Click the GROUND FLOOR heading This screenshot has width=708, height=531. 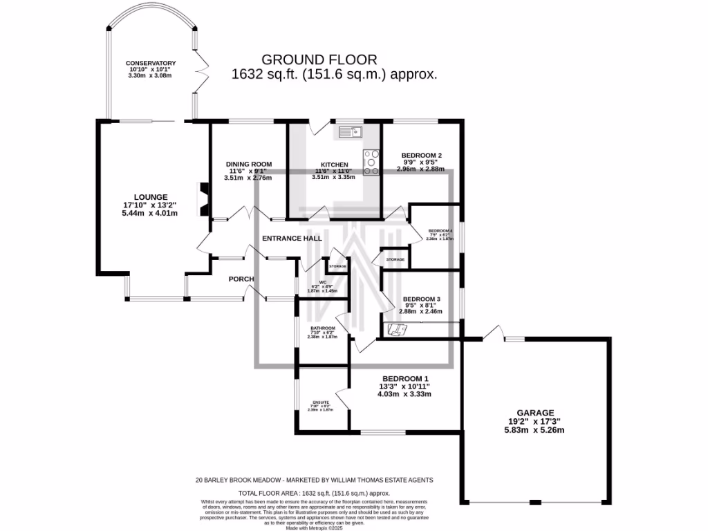click(x=334, y=59)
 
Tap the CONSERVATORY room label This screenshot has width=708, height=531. click(x=151, y=64)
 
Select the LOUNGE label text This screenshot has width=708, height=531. click(x=151, y=197)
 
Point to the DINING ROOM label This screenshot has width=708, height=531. click(x=248, y=164)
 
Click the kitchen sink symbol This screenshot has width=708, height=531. click(x=351, y=131)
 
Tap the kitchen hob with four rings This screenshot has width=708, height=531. click(x=371, y=162)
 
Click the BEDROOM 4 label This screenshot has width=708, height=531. click(x=440, y=230)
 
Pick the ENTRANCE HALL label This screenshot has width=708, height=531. click(x=292, y=239)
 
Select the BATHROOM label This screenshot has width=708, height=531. click(x=322, y=328)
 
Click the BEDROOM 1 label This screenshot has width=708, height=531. click(x=407, y=379)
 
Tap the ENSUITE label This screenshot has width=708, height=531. click(x=320, y=402)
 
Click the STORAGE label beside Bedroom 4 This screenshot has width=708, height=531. click(x=395, y=260)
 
